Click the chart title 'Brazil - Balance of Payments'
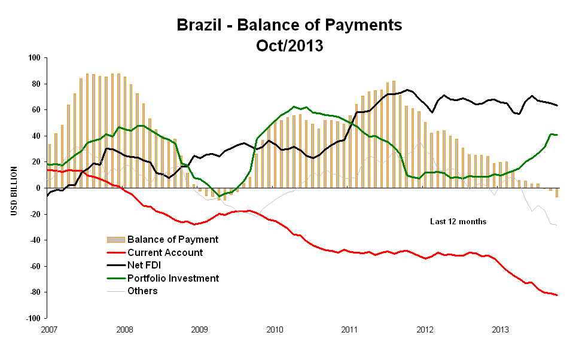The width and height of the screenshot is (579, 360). click(x=289, y=25)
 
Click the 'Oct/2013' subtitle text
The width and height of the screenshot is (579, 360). click(x=289, y=45)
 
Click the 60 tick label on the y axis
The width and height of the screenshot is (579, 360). click(x=35, y=110)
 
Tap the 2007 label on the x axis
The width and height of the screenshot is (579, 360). click(x=48, y=330)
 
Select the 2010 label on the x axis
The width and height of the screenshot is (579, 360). click(x=275, y=330)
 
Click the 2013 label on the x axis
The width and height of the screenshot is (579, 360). click(x=500, y=330)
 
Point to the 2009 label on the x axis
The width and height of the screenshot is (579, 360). click(x=199, y=330)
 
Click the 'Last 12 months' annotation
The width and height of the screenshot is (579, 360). click(x=458, y=222)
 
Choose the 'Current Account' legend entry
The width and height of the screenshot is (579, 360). click(x=165, y=252)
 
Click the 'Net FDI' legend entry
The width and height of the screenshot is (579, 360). click(x=146, y=266)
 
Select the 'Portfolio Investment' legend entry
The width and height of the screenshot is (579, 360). click(x=173, y=278)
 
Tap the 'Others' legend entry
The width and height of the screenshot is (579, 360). click(x=142, y=291)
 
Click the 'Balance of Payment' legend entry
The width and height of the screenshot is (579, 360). click(x=172, y=239)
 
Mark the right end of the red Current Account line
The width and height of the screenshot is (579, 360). click(x=557, y=295)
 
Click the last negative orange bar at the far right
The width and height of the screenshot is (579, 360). click(x=556, y=193)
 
